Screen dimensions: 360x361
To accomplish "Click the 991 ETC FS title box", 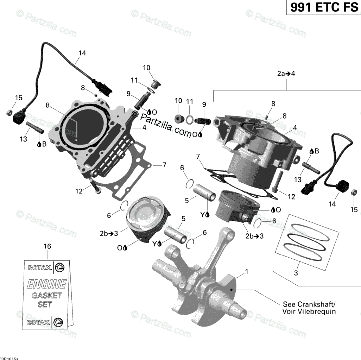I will coord(323,7).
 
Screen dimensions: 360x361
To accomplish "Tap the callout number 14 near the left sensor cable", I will coord(82,53).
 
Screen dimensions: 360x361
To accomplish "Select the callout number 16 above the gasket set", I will coord(47,246).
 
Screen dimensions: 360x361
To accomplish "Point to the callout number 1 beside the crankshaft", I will coord(247,272).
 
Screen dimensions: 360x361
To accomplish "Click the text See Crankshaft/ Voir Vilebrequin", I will coord(309,308).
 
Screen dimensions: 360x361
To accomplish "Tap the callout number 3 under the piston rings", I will coord(296,273).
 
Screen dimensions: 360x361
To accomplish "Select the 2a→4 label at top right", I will coord(286,74).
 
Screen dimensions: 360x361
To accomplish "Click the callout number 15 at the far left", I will coord(18,98).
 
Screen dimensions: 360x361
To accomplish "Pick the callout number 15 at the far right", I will coord(354,210).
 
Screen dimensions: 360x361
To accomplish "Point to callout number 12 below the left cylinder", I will coord(78,191).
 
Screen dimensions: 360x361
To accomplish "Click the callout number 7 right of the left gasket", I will coord(164,165).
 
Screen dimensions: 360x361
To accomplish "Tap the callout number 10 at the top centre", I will coord(146,68).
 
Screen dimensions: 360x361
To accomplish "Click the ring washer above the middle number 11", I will coord(189,120).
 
